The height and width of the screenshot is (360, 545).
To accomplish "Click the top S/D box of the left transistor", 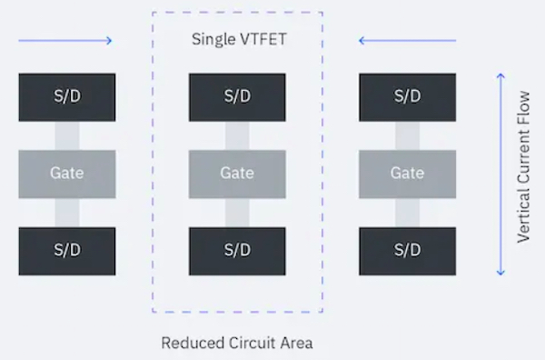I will [66, 97].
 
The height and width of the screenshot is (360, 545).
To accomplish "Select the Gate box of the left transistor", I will [66, 174].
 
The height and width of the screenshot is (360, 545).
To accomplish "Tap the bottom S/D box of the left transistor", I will [66, 250].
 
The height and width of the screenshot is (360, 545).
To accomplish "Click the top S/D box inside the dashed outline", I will [236, 97].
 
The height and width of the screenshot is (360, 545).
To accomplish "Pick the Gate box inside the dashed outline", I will [236, 174].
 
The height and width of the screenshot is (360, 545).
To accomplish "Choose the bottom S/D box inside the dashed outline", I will [236, 250].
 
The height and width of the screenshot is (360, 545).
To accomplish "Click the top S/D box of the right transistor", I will [407, 97].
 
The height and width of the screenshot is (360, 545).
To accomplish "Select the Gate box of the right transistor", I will [407, 174].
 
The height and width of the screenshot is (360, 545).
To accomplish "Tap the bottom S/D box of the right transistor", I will [407, 250].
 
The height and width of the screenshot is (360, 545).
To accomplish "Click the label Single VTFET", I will [236, 40].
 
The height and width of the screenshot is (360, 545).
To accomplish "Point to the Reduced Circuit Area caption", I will [236, 344].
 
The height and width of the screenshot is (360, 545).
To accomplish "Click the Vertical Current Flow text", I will [524, 174].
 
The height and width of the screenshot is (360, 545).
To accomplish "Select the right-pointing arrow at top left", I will [64, 40].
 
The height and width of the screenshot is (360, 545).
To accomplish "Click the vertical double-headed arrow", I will [500, 174].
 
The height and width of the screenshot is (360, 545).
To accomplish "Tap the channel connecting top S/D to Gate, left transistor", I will [66, 135].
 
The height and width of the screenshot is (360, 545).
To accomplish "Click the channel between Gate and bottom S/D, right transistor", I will [407, 213].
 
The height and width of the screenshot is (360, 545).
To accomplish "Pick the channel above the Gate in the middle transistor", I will [236, 135].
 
